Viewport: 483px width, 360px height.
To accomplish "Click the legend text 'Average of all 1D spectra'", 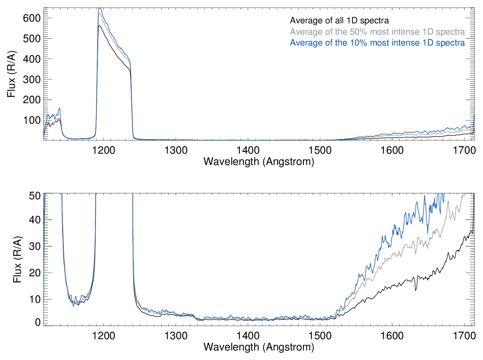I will click(x=339, y=20).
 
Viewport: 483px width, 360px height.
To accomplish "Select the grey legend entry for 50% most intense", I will click(x=377, y=32).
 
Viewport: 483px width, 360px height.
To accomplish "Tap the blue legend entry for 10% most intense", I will click(x=377, y=43).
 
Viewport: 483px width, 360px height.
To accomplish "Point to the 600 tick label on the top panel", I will click(x=31, y=18).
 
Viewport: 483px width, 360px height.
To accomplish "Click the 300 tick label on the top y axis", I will click(x=31, y=79).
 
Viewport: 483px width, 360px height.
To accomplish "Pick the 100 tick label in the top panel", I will click(x=31, y=120).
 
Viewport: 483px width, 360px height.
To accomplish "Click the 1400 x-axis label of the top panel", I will click(x=248, y=151).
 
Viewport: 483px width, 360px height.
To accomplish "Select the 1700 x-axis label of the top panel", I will click(x=464, y=151).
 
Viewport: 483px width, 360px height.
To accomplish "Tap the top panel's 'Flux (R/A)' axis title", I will click(x=12, y=74).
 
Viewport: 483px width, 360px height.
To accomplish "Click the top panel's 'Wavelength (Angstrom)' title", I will click(x=259, y=161).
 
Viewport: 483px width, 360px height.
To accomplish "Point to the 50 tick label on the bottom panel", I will click(x=35, y=195).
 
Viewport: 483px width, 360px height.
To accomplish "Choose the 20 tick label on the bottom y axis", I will click(x=35, y=273).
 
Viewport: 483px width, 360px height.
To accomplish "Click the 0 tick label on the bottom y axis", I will click(x=38, y=322).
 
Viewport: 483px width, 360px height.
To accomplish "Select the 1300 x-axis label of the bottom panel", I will click(x=176, y=336).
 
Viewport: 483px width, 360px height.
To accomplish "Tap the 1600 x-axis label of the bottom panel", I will click(x=392, y=336).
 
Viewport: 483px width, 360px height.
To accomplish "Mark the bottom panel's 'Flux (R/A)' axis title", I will click(x=17, y=259).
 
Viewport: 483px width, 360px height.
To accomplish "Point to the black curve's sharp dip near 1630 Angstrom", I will click(x=416, y=290).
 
